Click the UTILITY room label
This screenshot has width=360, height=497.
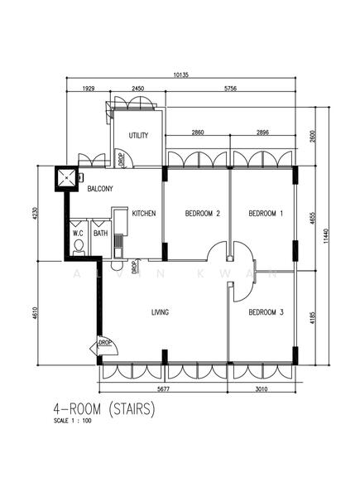(138, 136)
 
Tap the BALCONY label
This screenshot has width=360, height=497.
(100, 189)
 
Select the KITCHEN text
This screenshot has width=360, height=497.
(144, 214)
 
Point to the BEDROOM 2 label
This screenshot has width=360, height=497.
(202, 214)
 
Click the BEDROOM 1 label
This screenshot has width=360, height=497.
(266, 214)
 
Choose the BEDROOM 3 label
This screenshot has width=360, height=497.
(266, 312)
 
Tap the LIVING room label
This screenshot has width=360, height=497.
(160, 312)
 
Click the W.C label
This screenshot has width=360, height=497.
(79, 234)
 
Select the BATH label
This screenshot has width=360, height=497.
(100, 234)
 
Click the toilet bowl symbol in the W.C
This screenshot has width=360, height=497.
(79, 246)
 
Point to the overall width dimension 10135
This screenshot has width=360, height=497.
(181, 75)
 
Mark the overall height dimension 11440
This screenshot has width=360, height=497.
(326, 237)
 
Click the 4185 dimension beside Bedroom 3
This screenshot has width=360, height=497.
(312, 316)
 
